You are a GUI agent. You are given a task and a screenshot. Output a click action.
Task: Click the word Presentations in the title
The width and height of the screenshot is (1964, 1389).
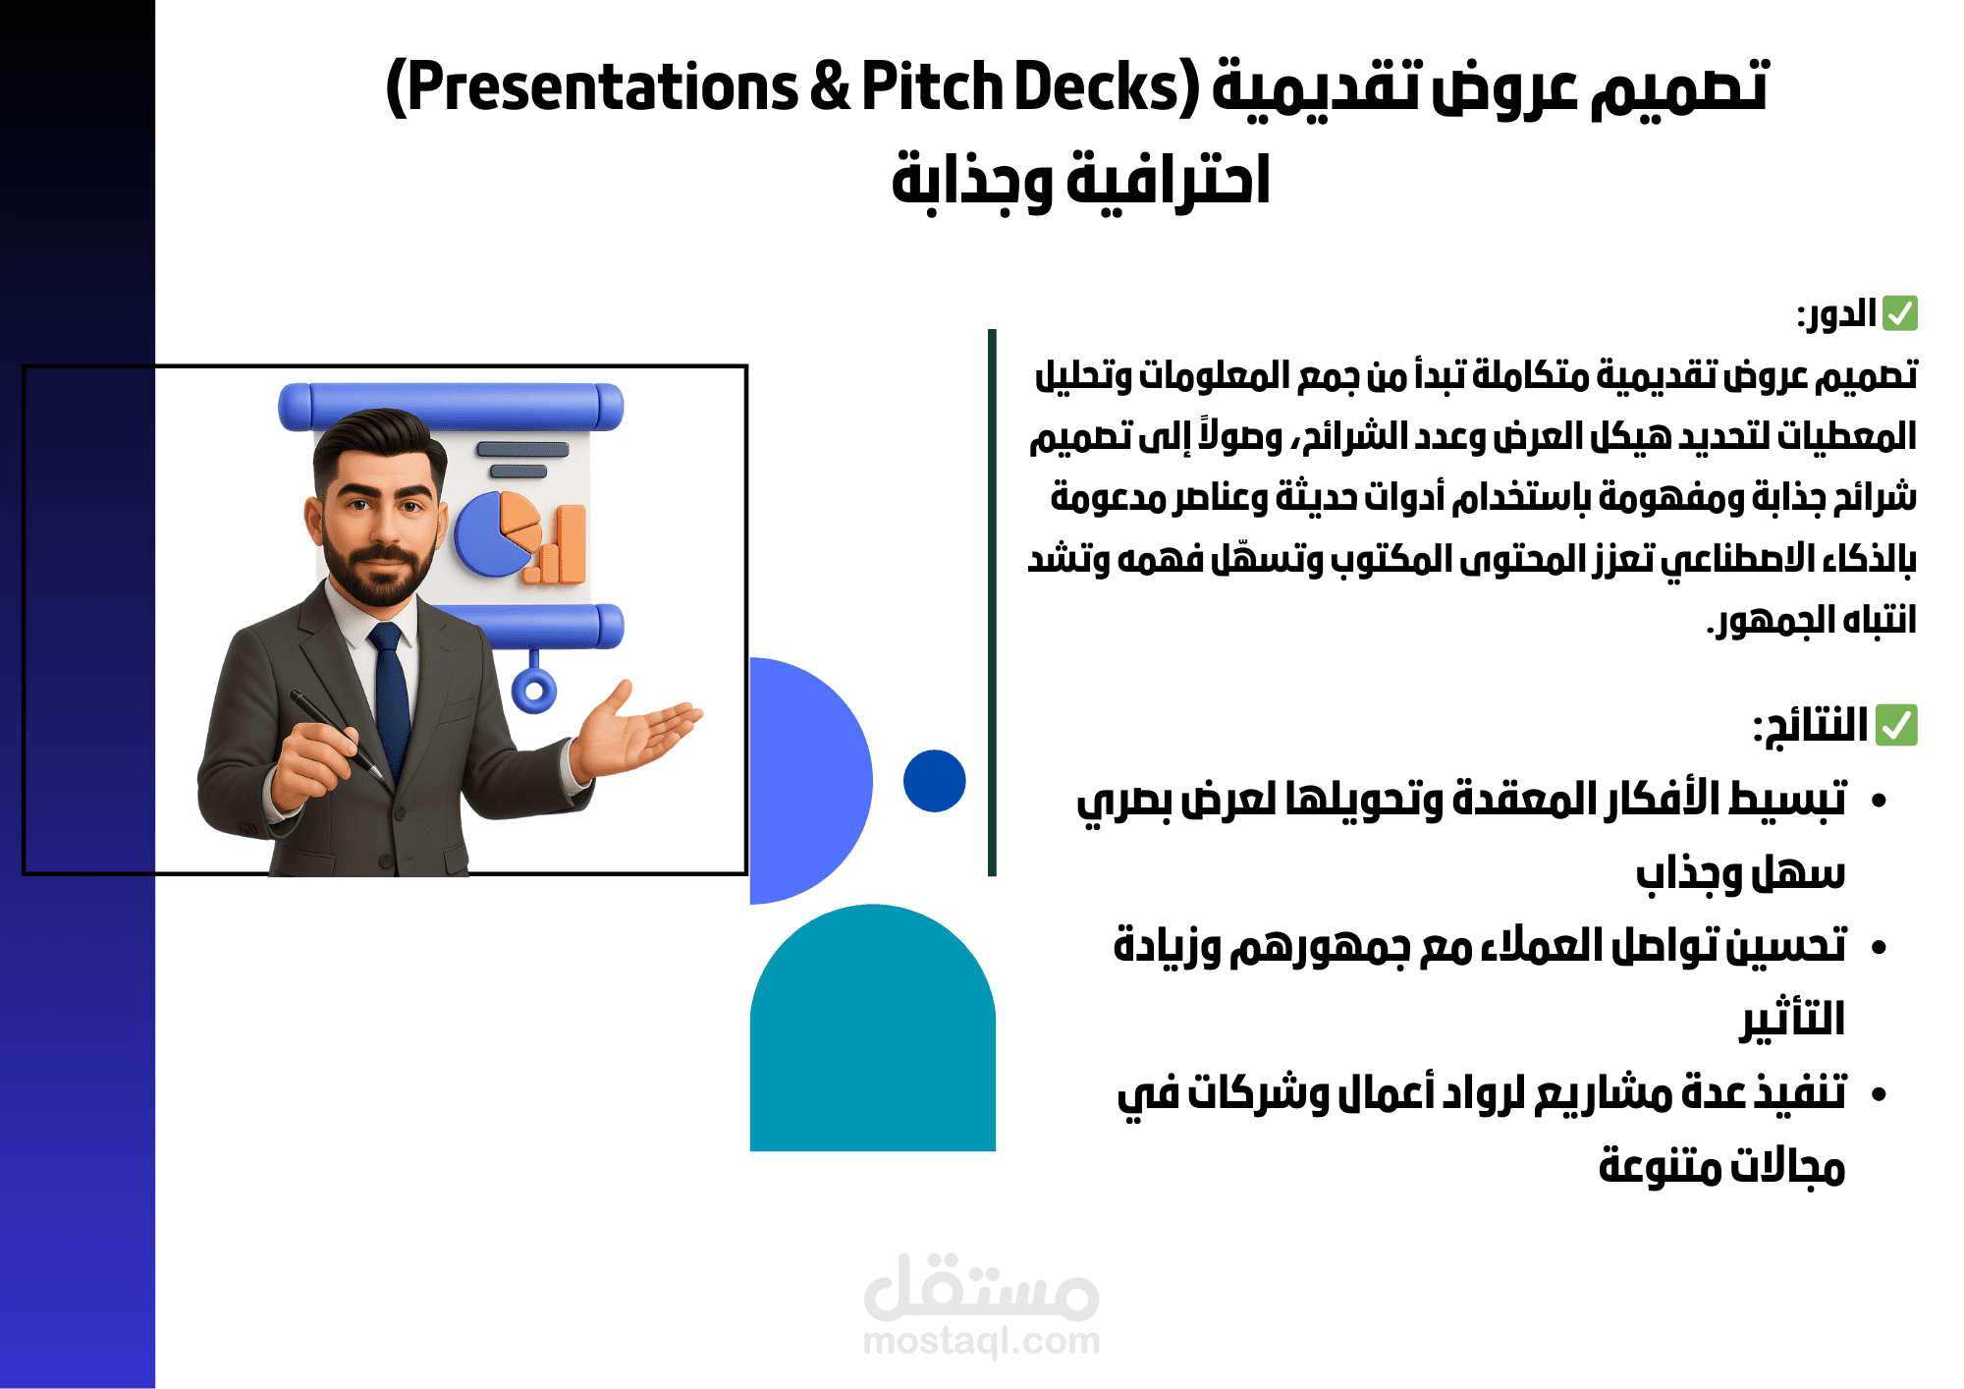[x=601, y=86]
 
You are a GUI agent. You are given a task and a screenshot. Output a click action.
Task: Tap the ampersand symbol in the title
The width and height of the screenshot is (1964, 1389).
[x=830, y=86]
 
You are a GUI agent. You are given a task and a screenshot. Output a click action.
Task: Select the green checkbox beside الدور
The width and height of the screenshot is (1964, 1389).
[x=1900, y=313]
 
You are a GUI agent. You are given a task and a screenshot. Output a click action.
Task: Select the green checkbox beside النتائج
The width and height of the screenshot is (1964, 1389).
[x=1896, y=726]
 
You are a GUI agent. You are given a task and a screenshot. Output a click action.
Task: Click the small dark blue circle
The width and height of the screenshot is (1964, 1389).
[x=934, y=781]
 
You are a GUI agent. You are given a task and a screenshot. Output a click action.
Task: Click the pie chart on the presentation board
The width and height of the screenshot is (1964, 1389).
[x=491, y=535]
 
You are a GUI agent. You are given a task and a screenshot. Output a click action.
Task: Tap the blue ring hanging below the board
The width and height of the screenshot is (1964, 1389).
[x=533, y=691]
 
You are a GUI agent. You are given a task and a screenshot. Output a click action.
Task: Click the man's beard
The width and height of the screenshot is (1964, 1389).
[x=378, y=575]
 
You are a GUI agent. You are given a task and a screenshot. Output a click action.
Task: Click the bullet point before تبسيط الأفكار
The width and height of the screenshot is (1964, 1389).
[x=1879, y=801]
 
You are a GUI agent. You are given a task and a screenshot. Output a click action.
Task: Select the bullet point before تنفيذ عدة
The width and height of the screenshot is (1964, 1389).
[x=1879, y=1094]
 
